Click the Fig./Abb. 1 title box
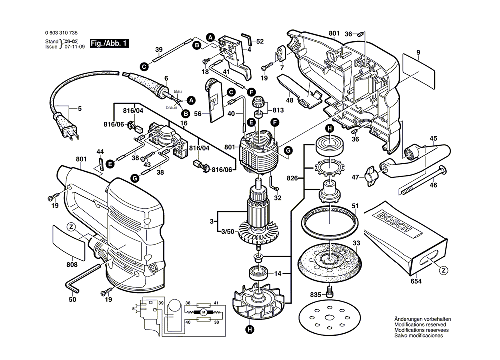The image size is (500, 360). [109, 44]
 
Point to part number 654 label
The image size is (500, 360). [416, 282]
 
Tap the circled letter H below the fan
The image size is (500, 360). [249, 329]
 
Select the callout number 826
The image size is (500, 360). [293, 178]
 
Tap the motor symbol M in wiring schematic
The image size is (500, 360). [203, 312]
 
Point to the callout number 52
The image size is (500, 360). [260, 41]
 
